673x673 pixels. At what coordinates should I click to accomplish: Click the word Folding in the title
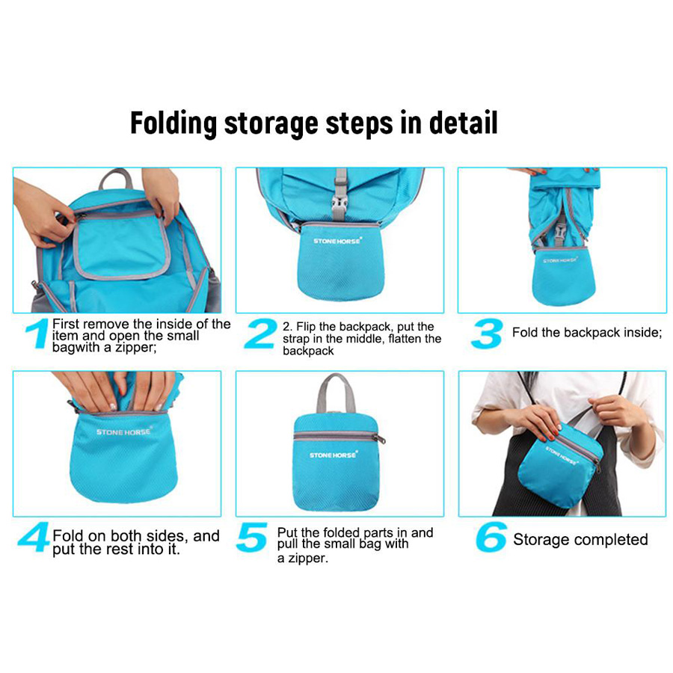(x=173, y=123)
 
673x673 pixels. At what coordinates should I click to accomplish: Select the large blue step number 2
(x=260, y=333)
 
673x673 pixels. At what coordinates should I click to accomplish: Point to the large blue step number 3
(x=487, y=333)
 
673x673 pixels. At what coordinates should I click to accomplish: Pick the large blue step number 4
(x=34, y=536)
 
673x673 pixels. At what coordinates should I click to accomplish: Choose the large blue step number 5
(x=252, y=536)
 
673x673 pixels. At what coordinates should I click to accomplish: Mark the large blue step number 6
(x=491, y=536)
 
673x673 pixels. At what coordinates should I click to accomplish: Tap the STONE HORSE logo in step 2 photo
(x=337, y=241)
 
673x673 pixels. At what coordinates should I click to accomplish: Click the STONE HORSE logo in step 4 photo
(x=123, y=431)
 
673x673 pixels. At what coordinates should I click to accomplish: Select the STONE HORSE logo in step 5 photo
(x=333, y=455)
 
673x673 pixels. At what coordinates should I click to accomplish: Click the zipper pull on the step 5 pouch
(x=381, y=439)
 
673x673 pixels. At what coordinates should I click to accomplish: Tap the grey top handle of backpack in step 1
(x=115, y=177)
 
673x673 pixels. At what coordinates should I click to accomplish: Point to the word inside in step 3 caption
(x=642, y=333)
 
